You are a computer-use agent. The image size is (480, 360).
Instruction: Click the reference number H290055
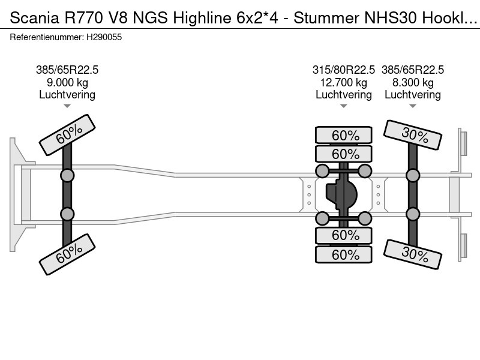click(x=104, y=37)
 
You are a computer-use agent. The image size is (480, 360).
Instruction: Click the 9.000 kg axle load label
click(x=67, y=82)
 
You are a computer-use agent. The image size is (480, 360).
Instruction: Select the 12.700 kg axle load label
click(x=344, y=82)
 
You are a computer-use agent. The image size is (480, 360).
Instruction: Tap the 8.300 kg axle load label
click(x=413, y=82)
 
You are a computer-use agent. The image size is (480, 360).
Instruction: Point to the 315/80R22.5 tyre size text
click(x=344, y=70)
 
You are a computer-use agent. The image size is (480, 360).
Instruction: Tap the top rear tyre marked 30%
click(x=413, y=135)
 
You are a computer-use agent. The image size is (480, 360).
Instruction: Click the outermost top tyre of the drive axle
click(x=344, y=135)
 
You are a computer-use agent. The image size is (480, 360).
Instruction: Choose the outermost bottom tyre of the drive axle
click(x=344, y=255)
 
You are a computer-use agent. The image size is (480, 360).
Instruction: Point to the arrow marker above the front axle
click(x=67, y=106)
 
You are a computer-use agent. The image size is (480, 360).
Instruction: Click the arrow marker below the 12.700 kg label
click(x=344, y=106)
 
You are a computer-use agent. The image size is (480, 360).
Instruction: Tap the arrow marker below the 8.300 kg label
click(x=413, y=106)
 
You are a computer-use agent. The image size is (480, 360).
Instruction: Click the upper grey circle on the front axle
click(x=67, y=175)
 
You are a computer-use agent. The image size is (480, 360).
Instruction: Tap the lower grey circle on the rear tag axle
click(x=413, y=214)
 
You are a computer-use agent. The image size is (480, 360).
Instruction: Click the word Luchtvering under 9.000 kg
click(x=67, y=94)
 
